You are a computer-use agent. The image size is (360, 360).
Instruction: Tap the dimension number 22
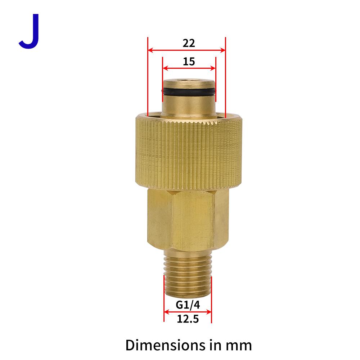(189, 43)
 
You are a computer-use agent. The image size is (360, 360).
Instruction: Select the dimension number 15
(189, 62)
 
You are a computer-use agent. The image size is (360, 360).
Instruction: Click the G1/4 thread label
(188, 305)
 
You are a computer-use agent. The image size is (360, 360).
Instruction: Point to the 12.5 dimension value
(188, 319)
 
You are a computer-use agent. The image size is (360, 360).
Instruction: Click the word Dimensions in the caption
(166, 345)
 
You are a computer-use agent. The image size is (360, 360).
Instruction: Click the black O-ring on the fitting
(189, 91)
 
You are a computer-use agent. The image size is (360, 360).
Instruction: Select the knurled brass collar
(189, 152)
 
